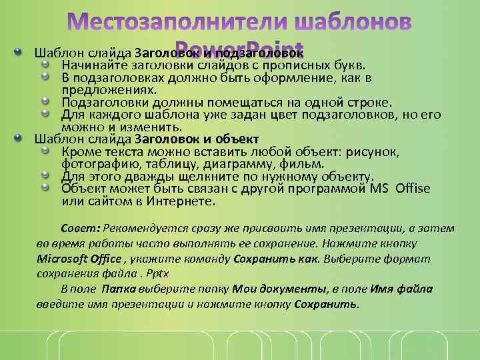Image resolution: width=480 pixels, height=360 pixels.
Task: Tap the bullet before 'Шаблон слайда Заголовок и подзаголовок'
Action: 20,53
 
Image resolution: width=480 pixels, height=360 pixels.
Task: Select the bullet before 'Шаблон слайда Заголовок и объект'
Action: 20,139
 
